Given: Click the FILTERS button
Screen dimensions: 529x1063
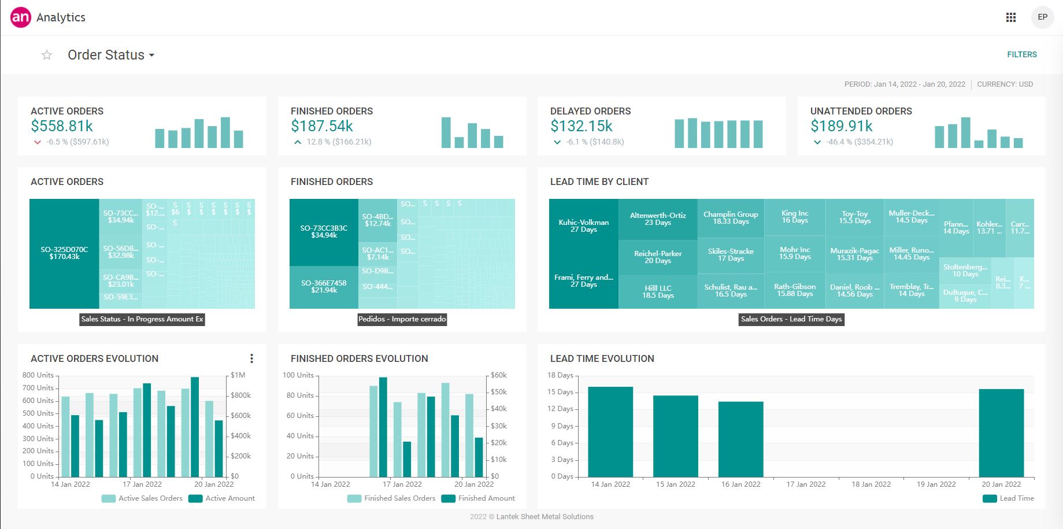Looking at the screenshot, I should pos(1021,54).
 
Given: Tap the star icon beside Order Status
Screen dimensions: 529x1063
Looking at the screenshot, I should pos(47,55).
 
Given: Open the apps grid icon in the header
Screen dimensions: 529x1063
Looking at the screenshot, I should pos(1010,17).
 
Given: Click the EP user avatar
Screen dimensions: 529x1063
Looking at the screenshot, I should pos(1042,17).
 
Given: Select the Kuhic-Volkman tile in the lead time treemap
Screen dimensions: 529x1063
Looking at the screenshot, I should pos(583,225).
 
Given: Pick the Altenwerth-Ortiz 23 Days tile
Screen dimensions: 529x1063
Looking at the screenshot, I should pos(658,219).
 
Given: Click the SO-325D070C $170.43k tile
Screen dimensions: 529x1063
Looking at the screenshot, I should pos(64,253).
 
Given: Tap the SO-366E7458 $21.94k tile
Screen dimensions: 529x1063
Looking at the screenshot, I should pos(324,286).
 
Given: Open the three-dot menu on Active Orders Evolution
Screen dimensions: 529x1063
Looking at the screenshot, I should pos(251,358).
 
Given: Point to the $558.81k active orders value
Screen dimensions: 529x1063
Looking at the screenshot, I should pos(62,126).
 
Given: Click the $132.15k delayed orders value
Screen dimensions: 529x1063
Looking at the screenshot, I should pos(581,126).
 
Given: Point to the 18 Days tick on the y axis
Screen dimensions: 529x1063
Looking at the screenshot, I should pos(560,375).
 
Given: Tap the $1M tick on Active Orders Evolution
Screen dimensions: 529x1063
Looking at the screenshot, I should pos(238,375).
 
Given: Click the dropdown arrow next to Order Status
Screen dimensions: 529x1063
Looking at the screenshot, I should pos(151,56).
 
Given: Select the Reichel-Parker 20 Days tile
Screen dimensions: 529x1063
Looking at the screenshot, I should pos(658,257).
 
